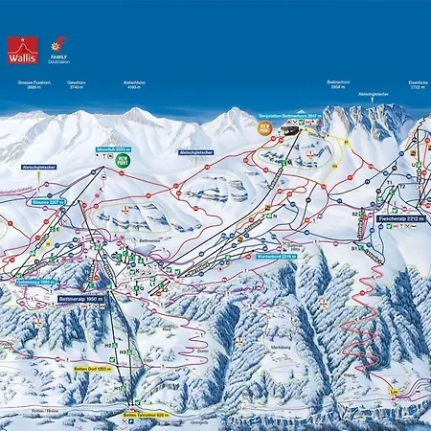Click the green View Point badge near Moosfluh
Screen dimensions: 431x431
tap(123, 162)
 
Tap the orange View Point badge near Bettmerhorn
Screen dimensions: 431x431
tap(265, 127)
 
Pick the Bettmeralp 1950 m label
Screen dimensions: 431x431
tap(79, 300)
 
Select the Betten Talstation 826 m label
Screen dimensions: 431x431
tap(146, 415)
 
